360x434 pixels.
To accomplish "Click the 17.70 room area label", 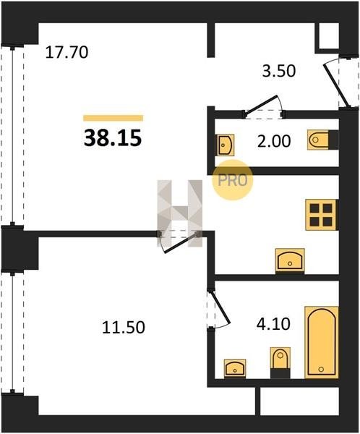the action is click(67, 52).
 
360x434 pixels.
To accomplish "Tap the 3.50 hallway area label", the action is click(278, 71).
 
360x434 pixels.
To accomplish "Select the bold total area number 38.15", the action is click(113, 138).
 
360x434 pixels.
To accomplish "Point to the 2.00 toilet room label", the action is click(274, 142).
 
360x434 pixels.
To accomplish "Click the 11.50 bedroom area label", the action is click(124, 328).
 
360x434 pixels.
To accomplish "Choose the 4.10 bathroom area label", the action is click(273, 324).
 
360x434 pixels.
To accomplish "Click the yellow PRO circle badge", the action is click(233, 180).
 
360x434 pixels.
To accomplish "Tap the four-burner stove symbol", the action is click(321, 215).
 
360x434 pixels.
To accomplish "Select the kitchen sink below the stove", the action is click(290, 260).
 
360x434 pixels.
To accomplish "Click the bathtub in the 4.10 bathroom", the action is click(322, 342).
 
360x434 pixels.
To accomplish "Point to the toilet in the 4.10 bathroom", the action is click(280, 362).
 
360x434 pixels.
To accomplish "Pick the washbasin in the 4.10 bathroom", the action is click(235, 367).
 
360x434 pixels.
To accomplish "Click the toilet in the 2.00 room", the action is click(322, 140).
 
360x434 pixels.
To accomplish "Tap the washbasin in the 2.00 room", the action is click(225, 145).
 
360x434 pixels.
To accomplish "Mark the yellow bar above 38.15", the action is click(113, 118).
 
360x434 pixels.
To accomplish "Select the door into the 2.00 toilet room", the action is click(262, 104).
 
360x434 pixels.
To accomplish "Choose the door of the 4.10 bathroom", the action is click(220, 307).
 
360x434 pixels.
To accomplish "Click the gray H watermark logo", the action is click(179, 213).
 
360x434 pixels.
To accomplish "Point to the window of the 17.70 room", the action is click(12, 136).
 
